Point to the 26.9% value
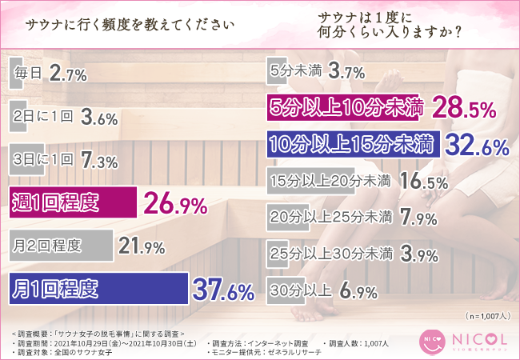(x=175, y=205)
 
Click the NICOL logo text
(x=477, y=340)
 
